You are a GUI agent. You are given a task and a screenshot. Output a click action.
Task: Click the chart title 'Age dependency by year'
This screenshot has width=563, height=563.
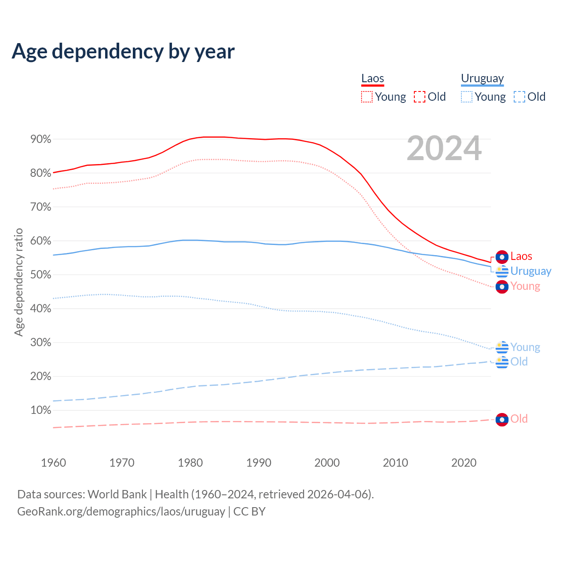(123, 51)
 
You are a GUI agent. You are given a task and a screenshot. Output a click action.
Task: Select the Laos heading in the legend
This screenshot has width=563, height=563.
(373, 78)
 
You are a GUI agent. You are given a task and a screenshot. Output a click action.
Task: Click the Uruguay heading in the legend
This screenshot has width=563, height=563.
(482, 78)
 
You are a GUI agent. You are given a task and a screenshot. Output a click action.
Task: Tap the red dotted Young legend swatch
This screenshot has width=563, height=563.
(367, 97)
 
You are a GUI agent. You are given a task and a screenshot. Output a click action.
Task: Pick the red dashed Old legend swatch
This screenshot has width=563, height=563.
(420, 97)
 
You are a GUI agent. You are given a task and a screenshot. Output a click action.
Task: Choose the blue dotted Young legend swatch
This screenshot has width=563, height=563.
(467, 97)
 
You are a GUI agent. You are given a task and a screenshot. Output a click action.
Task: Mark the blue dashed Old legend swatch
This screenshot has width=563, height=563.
(519, 97)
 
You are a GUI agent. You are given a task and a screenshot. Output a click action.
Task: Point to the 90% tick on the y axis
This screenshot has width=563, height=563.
(41, 139)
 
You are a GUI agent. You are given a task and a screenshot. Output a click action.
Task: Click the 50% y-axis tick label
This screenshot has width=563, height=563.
(41, 275)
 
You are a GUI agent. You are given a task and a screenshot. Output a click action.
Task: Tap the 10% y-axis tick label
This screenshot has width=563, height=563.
(41, 410)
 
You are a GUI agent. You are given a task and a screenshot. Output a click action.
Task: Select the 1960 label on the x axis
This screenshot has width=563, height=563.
(53, 463)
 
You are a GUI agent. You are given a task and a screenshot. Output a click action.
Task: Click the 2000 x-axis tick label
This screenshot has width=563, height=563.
(327, 463)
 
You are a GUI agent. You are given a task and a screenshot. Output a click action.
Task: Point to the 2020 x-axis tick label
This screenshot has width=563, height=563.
(464, 463)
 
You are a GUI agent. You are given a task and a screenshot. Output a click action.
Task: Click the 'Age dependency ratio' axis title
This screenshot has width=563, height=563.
(18, 282)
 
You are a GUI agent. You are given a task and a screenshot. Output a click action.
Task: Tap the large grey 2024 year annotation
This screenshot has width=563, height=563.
(444, 149)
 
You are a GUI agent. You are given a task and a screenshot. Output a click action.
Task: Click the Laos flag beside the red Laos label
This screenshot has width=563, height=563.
(502, 257)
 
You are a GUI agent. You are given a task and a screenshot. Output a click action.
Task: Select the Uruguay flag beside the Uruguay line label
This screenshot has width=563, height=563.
(502, 271)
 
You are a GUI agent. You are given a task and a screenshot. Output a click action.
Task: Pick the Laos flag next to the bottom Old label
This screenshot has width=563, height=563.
(502, 420)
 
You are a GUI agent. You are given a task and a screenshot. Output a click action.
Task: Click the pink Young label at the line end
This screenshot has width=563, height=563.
(525, 286)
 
